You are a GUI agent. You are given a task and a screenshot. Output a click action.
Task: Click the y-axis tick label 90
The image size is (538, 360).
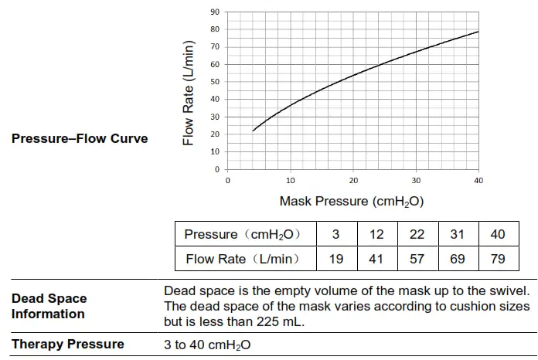[214, 12]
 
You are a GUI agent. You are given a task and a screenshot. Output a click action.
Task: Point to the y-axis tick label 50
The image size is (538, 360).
[214, 82]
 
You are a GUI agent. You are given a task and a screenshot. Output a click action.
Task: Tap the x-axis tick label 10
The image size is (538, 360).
[290, 181]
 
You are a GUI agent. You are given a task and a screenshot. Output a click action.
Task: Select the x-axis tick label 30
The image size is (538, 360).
[416, 181]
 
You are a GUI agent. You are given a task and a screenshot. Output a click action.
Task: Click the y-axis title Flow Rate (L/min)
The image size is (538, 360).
[189, 93]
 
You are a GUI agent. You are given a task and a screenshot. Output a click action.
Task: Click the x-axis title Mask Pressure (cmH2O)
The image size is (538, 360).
[352, 201]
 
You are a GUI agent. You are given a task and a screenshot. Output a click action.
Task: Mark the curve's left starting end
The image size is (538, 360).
[253, 131]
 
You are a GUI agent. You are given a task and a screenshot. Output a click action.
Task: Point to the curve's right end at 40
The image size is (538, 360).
[478, 32]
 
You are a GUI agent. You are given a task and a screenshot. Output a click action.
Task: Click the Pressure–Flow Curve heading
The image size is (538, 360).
[80, 139]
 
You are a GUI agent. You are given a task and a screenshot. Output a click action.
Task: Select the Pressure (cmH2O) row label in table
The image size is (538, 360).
[241, 234]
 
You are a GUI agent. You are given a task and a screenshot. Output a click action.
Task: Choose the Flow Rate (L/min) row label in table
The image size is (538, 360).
[241, 259]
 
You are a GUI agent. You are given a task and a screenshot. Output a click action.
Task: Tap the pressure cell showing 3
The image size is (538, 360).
[336, 234]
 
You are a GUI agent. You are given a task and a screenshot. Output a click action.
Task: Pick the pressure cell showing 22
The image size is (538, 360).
[417, 234]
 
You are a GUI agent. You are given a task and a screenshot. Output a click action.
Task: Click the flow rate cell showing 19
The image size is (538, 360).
[336, 259]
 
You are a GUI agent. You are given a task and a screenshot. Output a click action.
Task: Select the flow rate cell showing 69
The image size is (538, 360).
[458, 259]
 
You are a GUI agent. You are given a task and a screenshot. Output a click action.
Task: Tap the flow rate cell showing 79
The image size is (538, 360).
[498, 259]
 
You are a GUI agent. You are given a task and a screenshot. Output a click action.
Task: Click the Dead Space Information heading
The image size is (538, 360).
[49, 306]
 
